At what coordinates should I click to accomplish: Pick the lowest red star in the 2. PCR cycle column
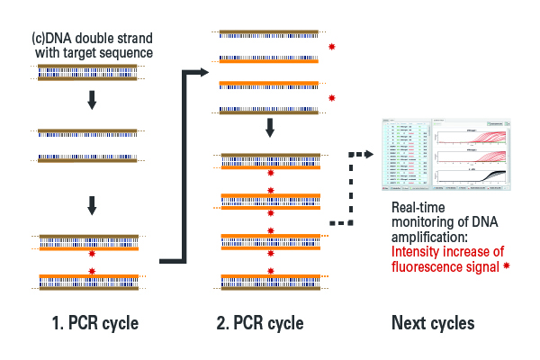271,271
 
